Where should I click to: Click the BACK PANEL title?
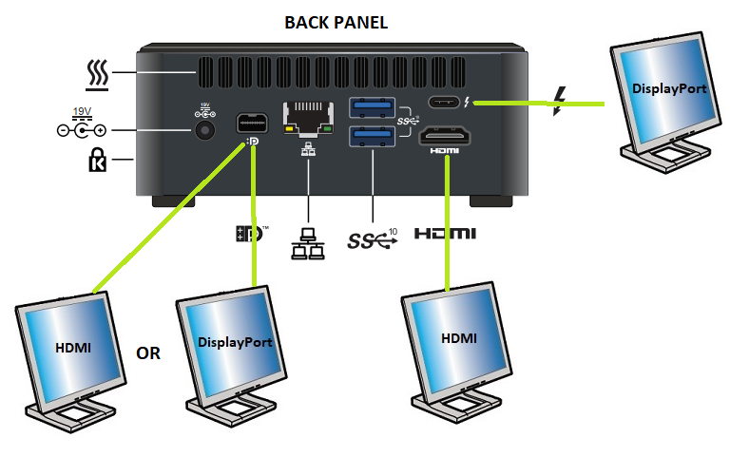click(x=336, y=22)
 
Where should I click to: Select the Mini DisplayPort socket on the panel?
click(x=252, y=123)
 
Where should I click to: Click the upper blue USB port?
click(x=373, y=106)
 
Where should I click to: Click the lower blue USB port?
click(x=373, y=137)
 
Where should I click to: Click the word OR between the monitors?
click(x=148, y=353)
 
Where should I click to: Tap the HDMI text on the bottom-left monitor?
click(x=72, y=348)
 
